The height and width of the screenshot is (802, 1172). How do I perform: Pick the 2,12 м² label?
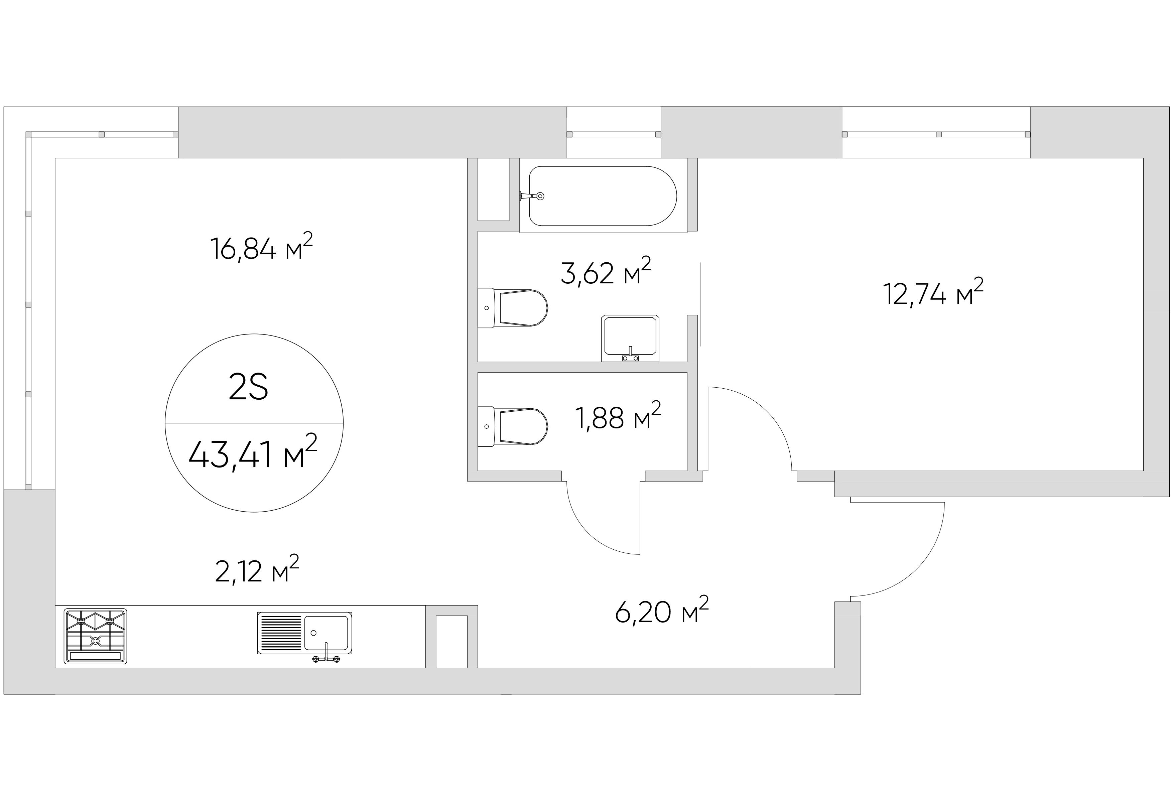point(257,570)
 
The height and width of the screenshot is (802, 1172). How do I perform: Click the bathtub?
point(603,196)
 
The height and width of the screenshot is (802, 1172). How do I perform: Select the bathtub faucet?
point(534,196)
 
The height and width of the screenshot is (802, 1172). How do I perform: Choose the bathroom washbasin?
point(630,337)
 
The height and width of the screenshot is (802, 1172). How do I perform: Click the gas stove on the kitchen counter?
point(95,636)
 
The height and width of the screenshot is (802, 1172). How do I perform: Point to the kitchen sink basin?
point(326,633)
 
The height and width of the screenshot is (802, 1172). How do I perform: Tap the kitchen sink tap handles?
point(326,659)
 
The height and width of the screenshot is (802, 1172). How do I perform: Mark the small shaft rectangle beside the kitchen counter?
point(451,642)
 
